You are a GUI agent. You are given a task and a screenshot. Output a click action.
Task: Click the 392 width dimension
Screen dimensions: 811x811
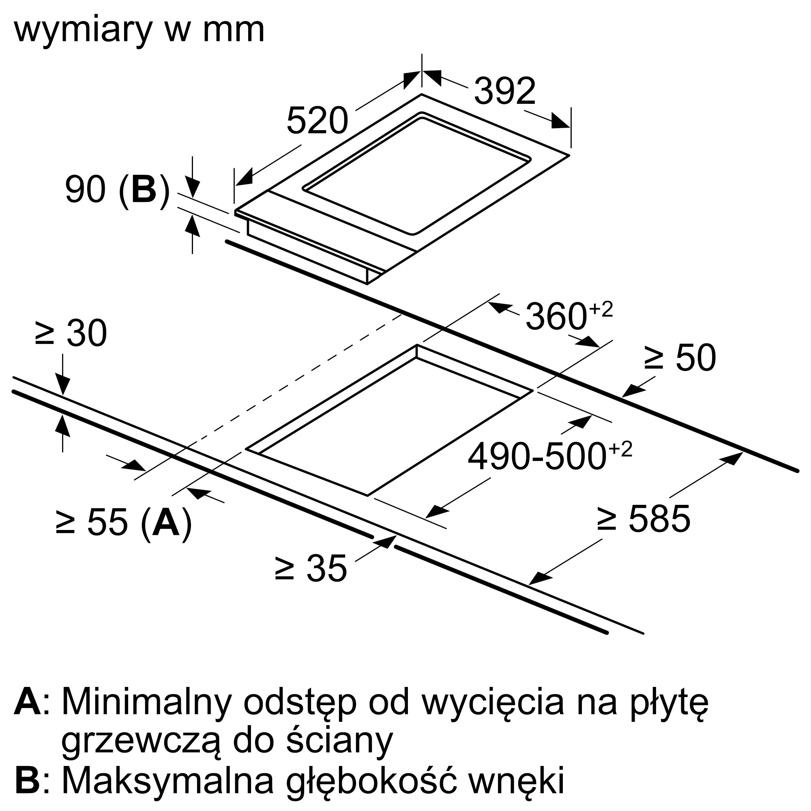pos(504,91)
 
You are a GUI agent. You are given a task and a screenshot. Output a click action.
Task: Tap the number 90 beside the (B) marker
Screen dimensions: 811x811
pos(85,190)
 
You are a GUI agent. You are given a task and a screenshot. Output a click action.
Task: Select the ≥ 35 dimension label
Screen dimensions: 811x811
pos(311,569)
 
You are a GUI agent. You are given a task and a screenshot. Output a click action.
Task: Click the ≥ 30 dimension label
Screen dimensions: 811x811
pos(71,333)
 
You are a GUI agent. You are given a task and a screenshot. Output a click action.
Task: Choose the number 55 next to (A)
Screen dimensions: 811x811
pos(107,523)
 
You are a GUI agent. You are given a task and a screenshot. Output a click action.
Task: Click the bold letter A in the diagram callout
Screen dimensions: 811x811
pos(166,523)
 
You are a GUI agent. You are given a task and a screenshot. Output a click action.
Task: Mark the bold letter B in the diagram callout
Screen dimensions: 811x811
pos(144,190)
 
